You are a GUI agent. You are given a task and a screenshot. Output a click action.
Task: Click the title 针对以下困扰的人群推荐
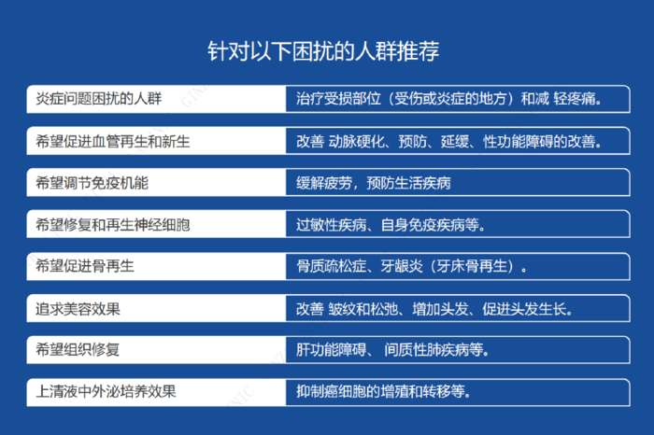323,51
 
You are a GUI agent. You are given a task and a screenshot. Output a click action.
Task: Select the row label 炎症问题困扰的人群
98,99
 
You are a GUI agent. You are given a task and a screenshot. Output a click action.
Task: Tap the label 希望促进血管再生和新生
113,141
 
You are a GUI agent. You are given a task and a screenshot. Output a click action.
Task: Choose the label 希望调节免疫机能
92,183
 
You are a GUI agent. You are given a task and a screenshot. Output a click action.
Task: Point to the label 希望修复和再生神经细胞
113,225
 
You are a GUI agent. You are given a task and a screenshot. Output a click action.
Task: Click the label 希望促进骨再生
85,266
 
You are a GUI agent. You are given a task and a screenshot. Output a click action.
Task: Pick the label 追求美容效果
78,309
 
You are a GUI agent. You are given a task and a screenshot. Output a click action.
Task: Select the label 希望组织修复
78,349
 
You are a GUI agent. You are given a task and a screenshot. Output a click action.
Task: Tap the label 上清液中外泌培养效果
106,392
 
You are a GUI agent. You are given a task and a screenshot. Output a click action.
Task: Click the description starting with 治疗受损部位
448,99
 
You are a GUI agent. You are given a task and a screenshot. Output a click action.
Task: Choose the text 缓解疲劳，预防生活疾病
374,183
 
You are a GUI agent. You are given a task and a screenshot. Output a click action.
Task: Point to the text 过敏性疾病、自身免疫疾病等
391,225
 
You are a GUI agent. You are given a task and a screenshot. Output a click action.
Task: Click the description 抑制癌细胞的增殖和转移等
383,392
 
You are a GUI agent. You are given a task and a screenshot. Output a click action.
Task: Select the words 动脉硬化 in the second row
357,142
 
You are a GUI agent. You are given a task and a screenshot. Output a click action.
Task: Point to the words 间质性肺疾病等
436,349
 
